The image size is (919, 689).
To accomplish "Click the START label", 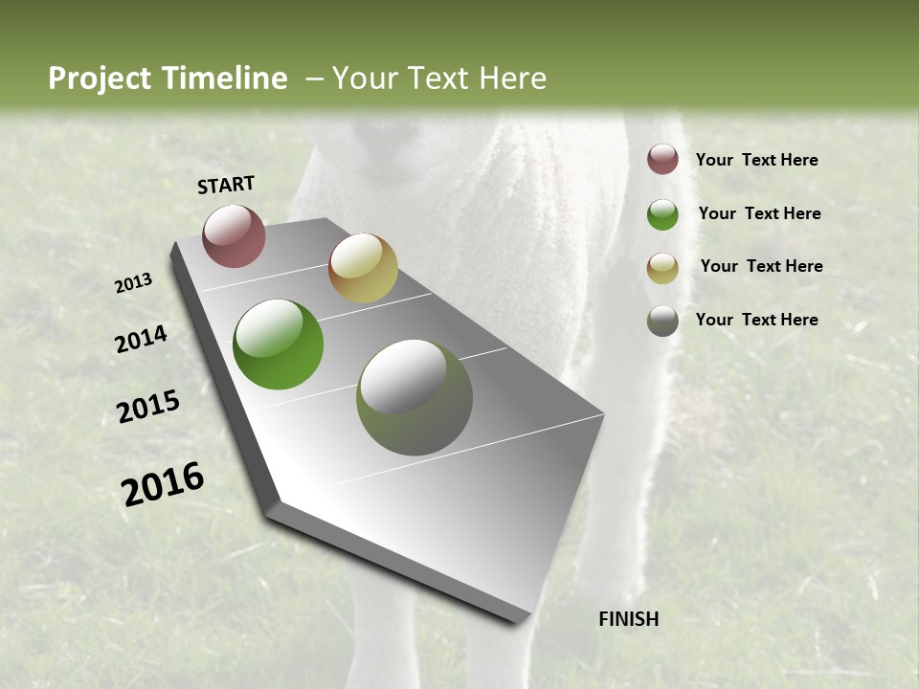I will tap(226, 185).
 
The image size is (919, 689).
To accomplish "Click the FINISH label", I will tap(628, 619).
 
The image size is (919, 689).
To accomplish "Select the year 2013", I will tap(133, 283).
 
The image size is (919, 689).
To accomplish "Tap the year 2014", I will tap(141, 339).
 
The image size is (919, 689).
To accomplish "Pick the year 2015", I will tap(148, 407).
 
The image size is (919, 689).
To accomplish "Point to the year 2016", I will tap(163, 484).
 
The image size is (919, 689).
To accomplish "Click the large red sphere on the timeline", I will tap(235, 235).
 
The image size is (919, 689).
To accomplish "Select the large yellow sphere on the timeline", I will tap(363, 268).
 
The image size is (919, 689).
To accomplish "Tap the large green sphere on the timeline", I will tap(278, 344).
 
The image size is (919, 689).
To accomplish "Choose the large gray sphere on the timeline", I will tap(415, 397).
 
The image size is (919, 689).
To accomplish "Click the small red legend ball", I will tap(662, 159).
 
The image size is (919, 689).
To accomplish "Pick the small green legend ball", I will tap(662, 213).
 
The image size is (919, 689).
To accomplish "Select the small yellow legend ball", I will tap(662, 267).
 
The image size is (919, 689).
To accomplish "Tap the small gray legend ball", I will tap(662, 321).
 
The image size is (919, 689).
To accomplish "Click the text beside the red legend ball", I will tap(756, 160).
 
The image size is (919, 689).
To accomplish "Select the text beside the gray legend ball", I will tap(756, 320).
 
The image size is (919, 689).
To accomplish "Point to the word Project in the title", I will tap(100, 78).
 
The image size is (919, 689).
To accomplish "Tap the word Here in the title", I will tap(513, 78).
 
